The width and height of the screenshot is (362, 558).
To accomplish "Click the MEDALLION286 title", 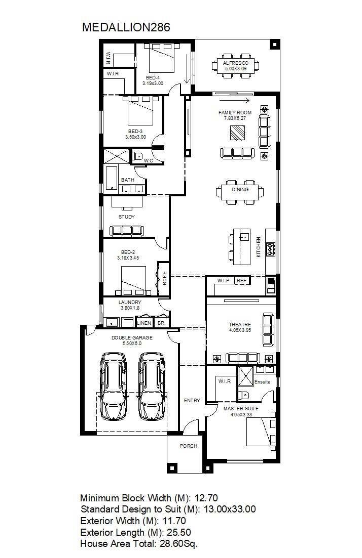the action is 126,27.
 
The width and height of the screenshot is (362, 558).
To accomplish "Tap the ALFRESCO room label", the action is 236,63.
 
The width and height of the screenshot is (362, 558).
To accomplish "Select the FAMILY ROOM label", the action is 235,112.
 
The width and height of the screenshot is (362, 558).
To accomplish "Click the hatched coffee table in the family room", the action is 237,134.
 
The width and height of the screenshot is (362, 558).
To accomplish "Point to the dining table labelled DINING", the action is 240,192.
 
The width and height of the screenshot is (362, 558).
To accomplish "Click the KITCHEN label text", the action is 259,247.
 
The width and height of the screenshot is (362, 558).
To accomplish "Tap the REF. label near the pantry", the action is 242,280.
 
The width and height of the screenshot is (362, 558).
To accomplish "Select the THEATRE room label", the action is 240,325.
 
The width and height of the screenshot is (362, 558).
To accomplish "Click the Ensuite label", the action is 262,382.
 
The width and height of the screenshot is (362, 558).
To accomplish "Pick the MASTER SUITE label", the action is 241,409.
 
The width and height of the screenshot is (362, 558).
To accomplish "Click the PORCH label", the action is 188,446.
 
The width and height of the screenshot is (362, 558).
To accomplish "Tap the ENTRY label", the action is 192,400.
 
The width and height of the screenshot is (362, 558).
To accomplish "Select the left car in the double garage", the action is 114,386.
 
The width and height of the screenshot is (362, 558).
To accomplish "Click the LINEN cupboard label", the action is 144,323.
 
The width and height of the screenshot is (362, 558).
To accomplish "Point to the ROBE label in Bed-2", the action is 164,278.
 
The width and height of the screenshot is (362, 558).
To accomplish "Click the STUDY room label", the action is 127,217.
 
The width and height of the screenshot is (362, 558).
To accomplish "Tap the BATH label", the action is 128,180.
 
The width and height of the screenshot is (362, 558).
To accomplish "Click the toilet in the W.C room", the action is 138,155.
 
